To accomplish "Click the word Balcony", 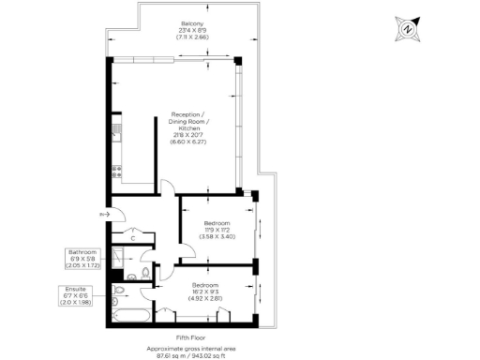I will tap(192, 23).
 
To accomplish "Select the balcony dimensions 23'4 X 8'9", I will tap(192, 31).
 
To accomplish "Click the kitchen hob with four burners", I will tap(115, 172).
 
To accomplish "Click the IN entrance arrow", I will tap(102, 215).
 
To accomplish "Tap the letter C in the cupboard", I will tap(135, 237).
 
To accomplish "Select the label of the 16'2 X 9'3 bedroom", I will tap(205, 290).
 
